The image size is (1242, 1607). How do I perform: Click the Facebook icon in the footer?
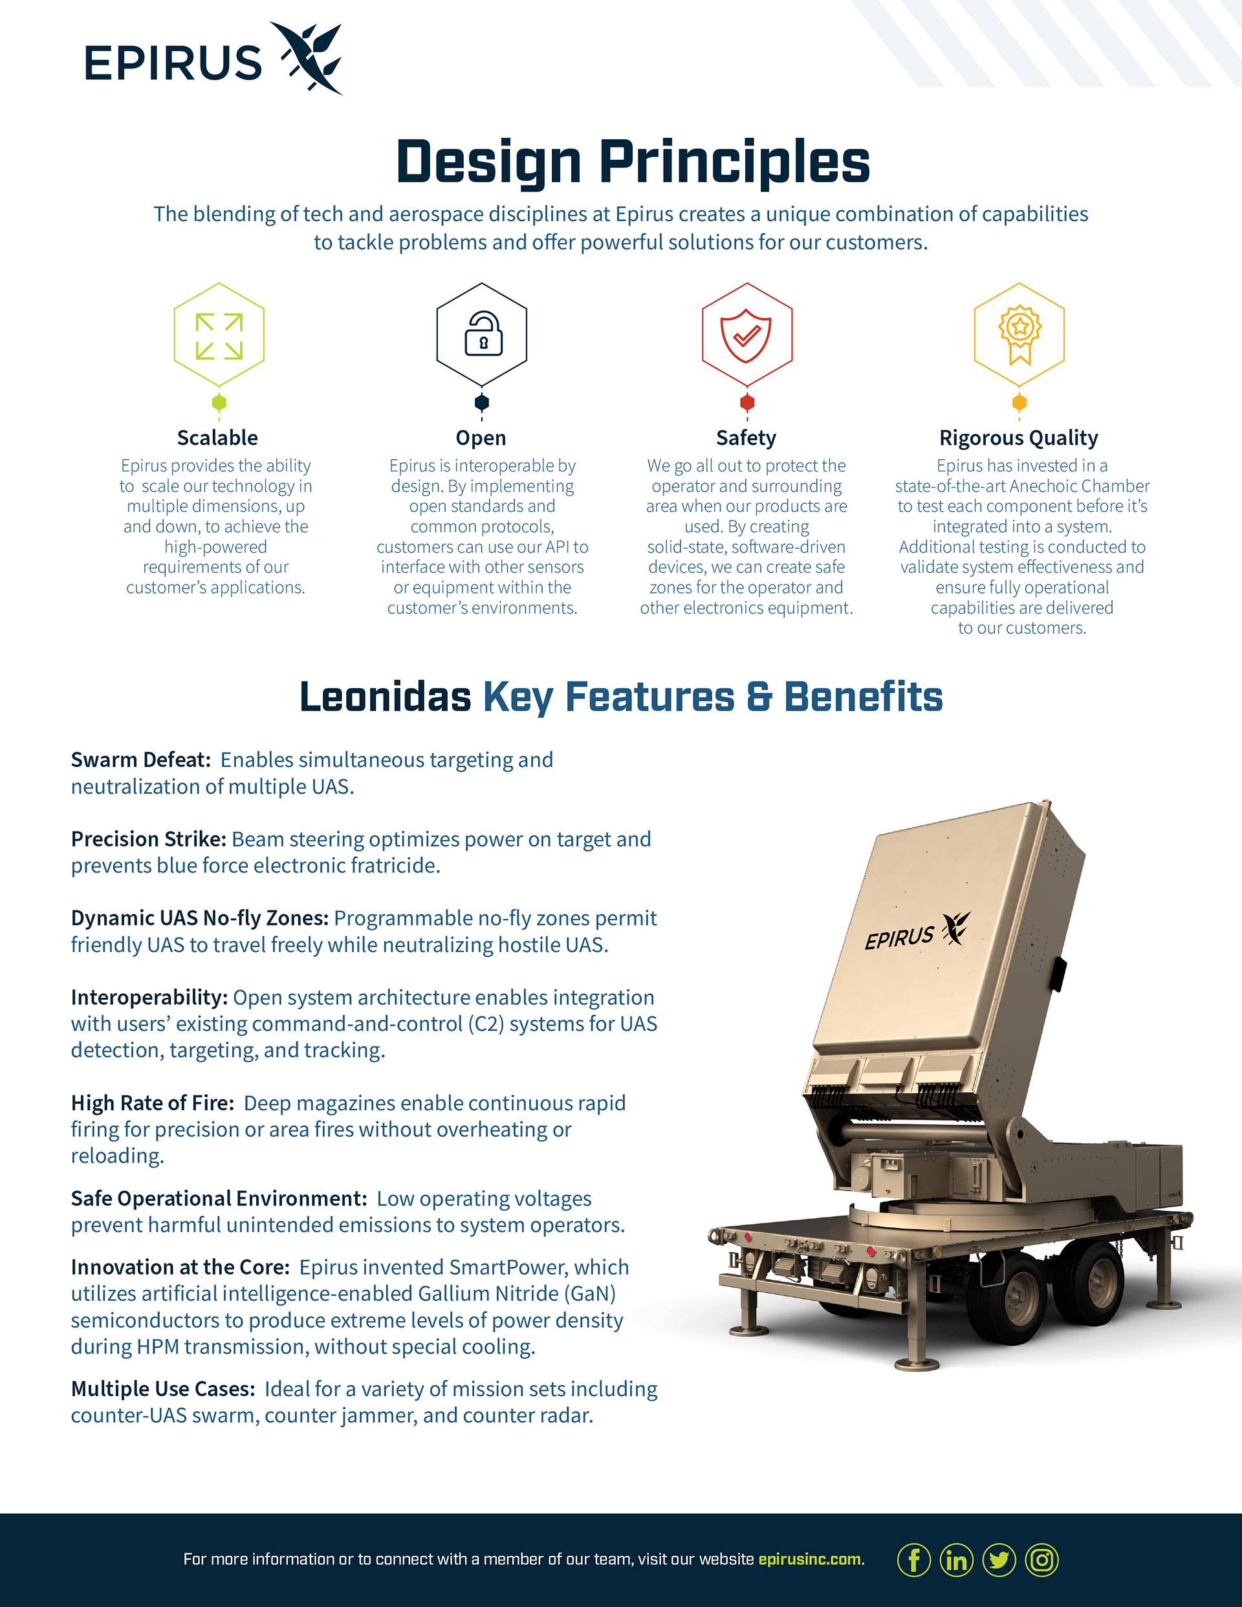click(913, 1559)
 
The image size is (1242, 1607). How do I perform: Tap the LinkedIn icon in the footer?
click(956, 1559)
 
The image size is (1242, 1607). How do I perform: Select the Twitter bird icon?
click(999, 1559)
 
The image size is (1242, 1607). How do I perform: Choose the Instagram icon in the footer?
click(1041, 1559)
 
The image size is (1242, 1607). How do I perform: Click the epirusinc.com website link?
click(809, 1559)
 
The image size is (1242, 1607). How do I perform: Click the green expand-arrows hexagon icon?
click(219, 336)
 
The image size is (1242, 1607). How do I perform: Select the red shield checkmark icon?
click(746, 336)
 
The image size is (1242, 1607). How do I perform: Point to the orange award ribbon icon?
click(1019, 334)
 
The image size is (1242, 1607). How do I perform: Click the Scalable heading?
click(217, 438)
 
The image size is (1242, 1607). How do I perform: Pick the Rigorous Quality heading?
click(1018, 438)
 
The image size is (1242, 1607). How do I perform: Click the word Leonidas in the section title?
click(385, 697)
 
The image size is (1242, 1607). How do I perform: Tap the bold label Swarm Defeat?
click(140, 760)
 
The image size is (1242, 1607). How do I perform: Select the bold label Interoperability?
click(149, 998)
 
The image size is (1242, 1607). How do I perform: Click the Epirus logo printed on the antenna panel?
click(917, 933)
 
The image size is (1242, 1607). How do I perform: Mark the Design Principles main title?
click(633, 162)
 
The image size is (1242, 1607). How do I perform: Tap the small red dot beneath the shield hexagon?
click(746, 402)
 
